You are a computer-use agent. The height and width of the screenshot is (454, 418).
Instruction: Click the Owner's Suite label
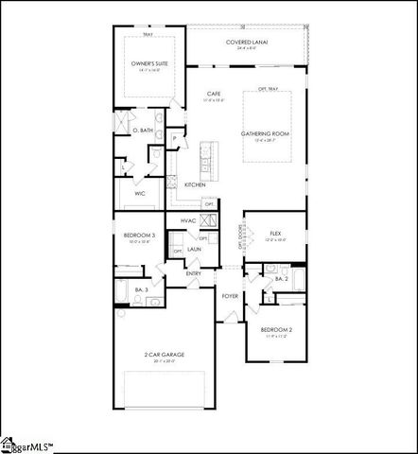148,64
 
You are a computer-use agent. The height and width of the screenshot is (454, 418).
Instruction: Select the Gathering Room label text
265,133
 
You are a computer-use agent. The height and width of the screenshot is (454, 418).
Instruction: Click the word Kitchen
195,184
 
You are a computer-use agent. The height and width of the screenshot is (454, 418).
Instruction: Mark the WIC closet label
139,193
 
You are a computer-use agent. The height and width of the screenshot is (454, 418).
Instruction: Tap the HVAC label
187,220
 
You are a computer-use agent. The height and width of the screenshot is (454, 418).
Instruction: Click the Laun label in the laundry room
193,249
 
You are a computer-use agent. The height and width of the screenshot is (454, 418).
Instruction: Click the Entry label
193,273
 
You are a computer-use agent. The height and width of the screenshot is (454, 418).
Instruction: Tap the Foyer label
230,296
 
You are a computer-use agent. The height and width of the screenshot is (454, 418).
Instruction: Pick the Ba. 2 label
281,279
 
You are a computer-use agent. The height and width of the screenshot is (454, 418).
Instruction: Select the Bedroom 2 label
276,329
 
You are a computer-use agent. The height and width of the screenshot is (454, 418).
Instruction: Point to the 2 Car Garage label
165,355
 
